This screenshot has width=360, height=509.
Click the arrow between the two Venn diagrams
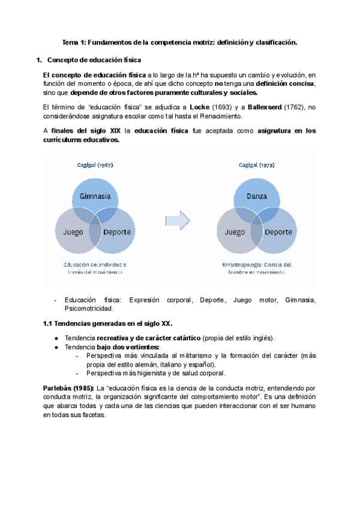[178, 220]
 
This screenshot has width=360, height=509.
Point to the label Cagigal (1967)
[95, 164]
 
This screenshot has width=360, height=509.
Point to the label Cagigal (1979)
[257, 164]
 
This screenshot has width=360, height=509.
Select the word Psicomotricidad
[89, 309]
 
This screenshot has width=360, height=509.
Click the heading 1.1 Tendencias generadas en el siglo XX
[108, 324]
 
